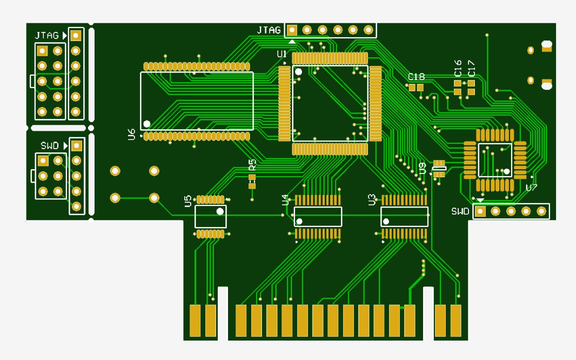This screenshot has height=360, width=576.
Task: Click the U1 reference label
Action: [x=282, y=55]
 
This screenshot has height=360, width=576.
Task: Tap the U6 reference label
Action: [x=131, y=135]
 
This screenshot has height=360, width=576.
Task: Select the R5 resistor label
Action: [x=252, y=164]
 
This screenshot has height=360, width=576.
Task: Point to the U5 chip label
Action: [x=187, y=201]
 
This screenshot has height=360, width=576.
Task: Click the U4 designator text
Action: [x=285, y=200]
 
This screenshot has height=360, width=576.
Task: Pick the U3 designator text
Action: [x=372, y=200]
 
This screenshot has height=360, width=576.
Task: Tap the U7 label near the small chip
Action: [x=532, y=188]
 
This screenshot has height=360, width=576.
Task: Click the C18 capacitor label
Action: [x=416, y=77]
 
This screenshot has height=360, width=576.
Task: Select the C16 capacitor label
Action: [x=458, y=68]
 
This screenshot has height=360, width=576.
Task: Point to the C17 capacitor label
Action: [x=472, y=69]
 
